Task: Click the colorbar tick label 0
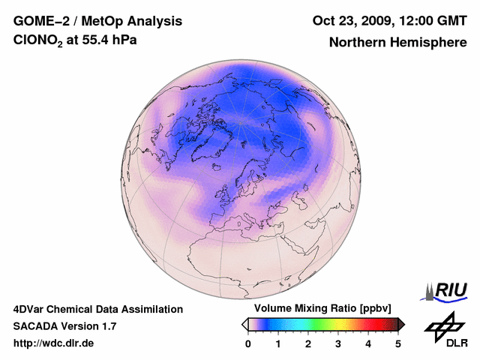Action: point(248,343)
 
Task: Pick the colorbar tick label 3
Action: point(338,343)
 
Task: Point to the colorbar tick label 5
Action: point(398,343)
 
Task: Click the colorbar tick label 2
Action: point(308,343)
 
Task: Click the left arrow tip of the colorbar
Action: point(244,323)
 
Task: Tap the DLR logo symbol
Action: point(443,325)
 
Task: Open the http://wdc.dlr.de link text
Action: point(54,343)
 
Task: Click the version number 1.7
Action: point(107,326)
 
